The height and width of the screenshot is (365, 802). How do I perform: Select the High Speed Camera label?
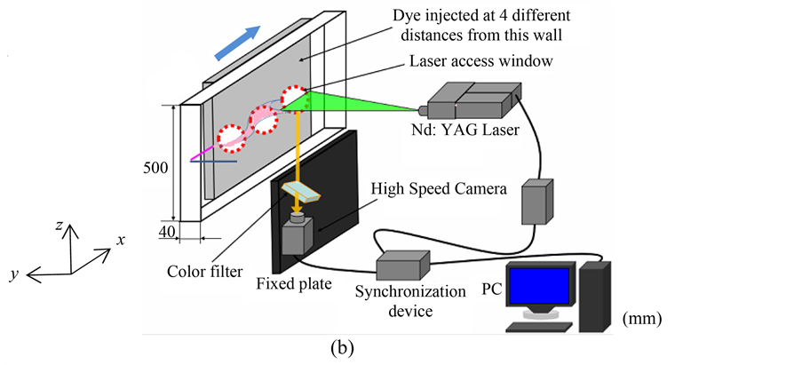pyautogui.click(x=439, y=189)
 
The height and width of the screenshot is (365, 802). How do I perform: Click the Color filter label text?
pyautogui.click(x=203, y=271)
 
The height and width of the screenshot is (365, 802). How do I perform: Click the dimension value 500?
pyautogui.click(x=156, y=168)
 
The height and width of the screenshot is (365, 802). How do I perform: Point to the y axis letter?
pyautogui.click(x=14, y=275)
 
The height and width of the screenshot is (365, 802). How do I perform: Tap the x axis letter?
pyautogui.click(x=119, y=240)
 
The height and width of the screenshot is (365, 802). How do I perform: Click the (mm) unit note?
pyautogui.click(x=644, y=317)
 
